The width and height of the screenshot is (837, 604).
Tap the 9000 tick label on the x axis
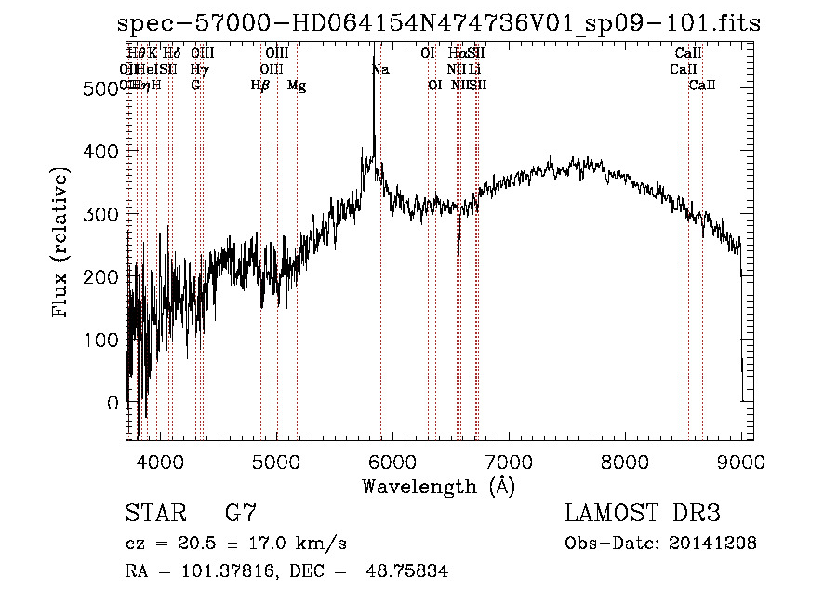741,461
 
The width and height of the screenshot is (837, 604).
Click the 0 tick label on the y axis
113,404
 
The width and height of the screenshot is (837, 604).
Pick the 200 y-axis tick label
101,277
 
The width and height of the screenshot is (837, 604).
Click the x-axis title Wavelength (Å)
438,486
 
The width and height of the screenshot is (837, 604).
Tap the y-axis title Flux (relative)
62,243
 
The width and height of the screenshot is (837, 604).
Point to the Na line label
380,70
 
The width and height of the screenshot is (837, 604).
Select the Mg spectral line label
297,86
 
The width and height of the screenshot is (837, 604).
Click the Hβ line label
260,86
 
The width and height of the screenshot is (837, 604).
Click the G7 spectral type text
241,514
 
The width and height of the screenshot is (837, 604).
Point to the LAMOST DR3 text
643,514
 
